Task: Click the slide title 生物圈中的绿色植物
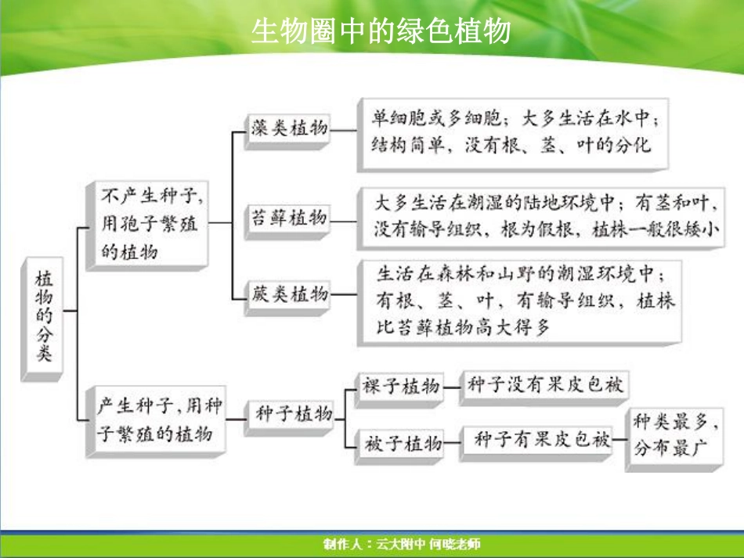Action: click(381, 31)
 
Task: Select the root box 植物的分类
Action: click(44, 317)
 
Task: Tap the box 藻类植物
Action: click(289, 128)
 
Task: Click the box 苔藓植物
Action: click(288, 218)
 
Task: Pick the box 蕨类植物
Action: click(289, 295)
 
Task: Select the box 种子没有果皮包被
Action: click(545, 385)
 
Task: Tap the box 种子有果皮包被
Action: click(542, 441)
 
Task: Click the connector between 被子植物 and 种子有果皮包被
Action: click(453, 444)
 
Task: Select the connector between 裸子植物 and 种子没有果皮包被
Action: click(452, 386)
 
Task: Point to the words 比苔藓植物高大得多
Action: click(464, 328)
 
